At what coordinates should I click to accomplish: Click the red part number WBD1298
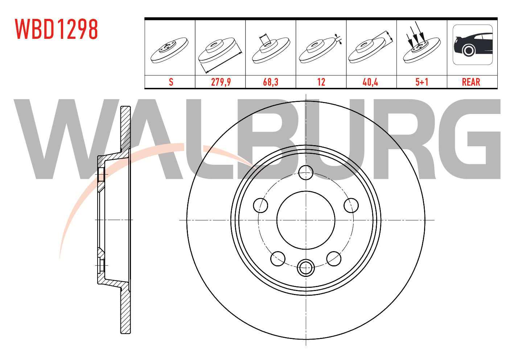point(56,29)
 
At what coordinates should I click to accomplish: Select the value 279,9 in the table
point(221,82)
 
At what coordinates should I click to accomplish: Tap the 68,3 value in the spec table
point(271,82)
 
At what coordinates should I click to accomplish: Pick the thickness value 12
point(321,82)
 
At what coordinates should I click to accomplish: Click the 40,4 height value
point(370,82)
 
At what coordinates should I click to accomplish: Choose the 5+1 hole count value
point(422,82)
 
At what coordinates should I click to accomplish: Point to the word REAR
point(471,82)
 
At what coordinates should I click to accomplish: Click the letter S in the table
point(171,82)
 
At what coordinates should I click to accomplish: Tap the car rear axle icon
point(473,45)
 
